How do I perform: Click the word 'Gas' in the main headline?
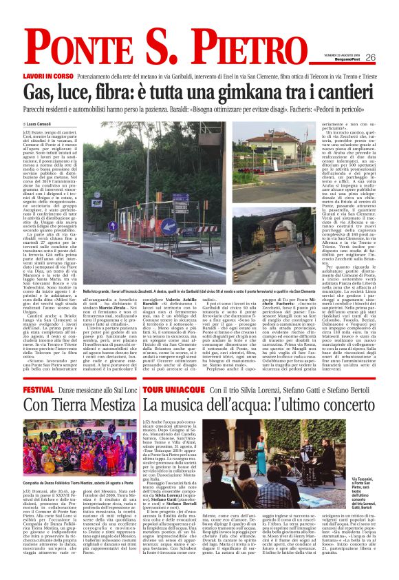tap(44, 91)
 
